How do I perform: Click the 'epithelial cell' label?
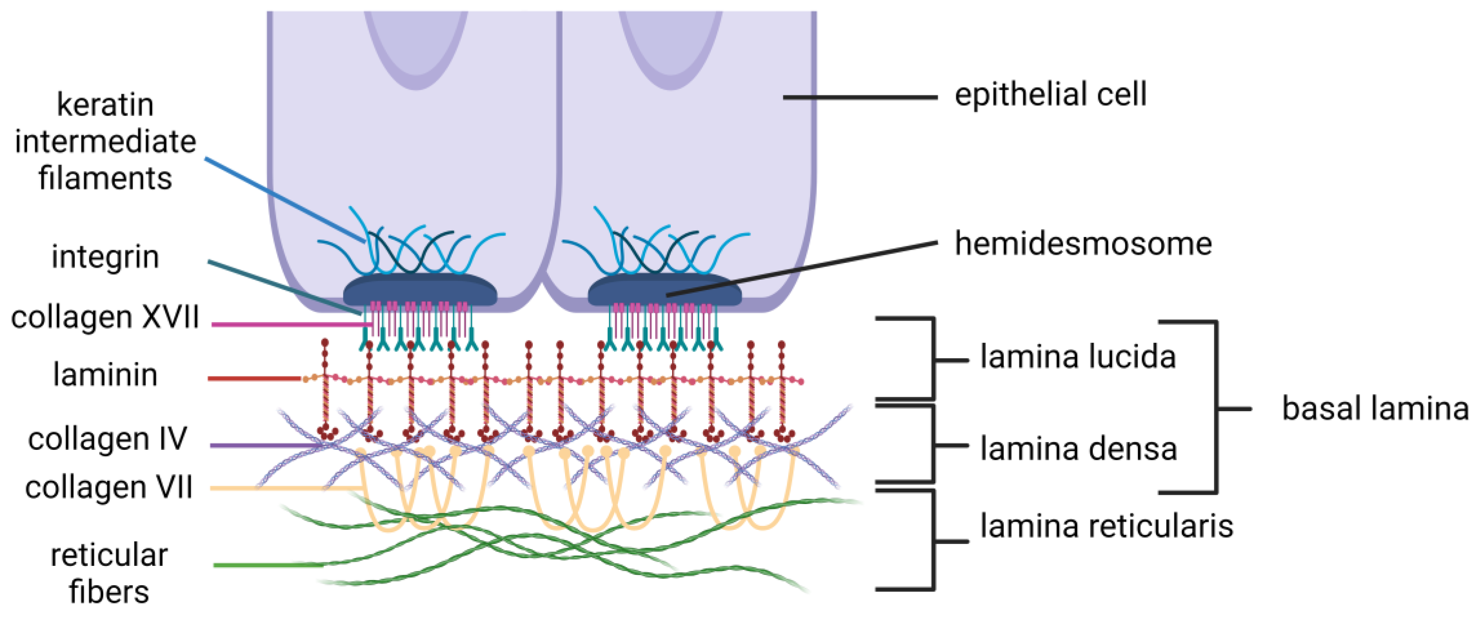click(1050, 95)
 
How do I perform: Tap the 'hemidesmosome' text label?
click(1083, 244)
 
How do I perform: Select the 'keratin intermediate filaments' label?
click(105, 141)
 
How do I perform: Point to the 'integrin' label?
click(105, 257)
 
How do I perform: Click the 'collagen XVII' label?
click(105, 317)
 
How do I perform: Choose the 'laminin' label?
click(105, 375)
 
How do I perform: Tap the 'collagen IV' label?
click(107, 440)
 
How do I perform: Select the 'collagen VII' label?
click(109, 488)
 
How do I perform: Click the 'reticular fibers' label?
click(109, 573)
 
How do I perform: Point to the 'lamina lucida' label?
click(1078, 357)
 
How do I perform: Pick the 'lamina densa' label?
click(1078, 449)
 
